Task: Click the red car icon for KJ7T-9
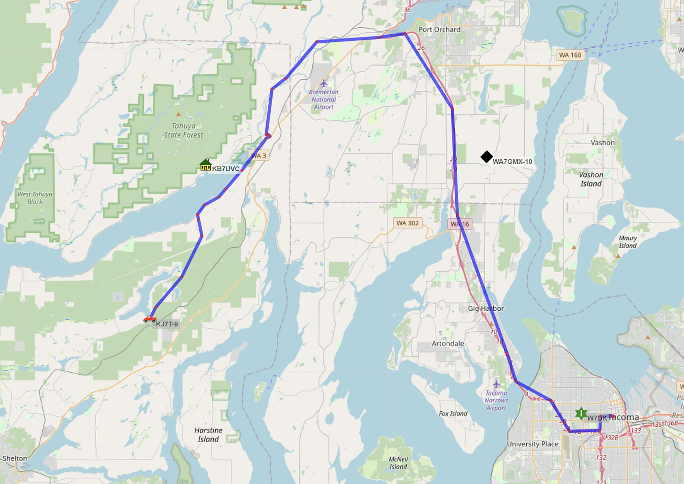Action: [149, 319]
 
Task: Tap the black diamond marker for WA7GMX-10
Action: [487, 157]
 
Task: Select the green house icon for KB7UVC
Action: [205, 165]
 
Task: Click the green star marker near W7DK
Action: [581, 414]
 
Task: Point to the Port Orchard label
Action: [439, 29]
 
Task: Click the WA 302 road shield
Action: [407, 223]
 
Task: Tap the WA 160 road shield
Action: [570, 55]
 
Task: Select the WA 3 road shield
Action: [258, 155]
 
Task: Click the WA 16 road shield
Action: [459, 224]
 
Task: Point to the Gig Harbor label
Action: [486, 308]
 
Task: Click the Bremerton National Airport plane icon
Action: [324, 84]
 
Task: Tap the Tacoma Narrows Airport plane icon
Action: [496, 384]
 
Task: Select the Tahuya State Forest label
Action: [183, 131]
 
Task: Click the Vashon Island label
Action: [591, 179]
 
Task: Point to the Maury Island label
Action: [628, 242]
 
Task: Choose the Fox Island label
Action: [453, 414]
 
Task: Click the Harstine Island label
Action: [208, 435]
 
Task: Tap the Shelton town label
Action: [15, 458]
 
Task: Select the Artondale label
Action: [448, 344]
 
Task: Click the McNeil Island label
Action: [398, 463]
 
